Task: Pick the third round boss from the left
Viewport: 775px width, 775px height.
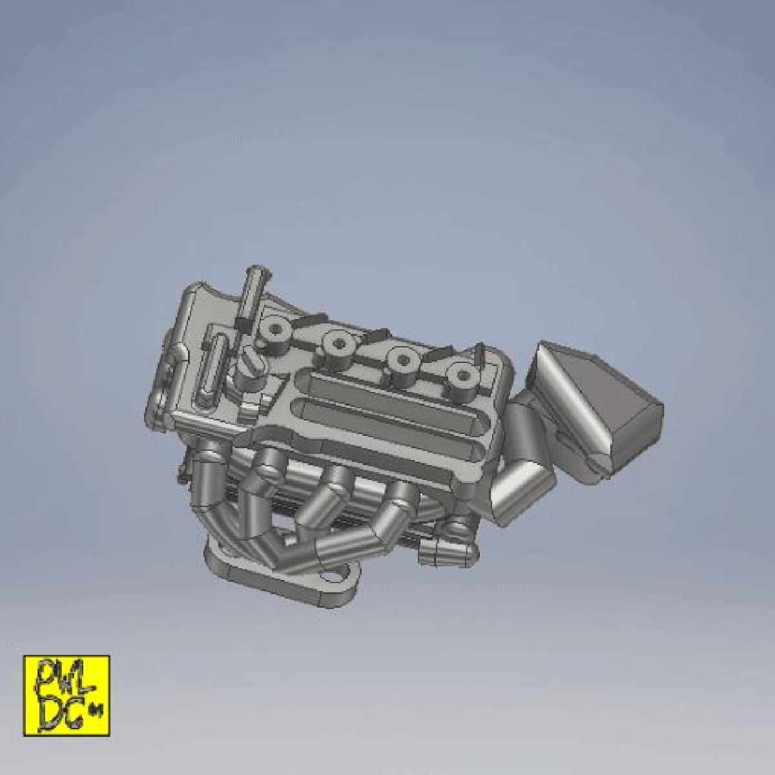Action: click(404, 360)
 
